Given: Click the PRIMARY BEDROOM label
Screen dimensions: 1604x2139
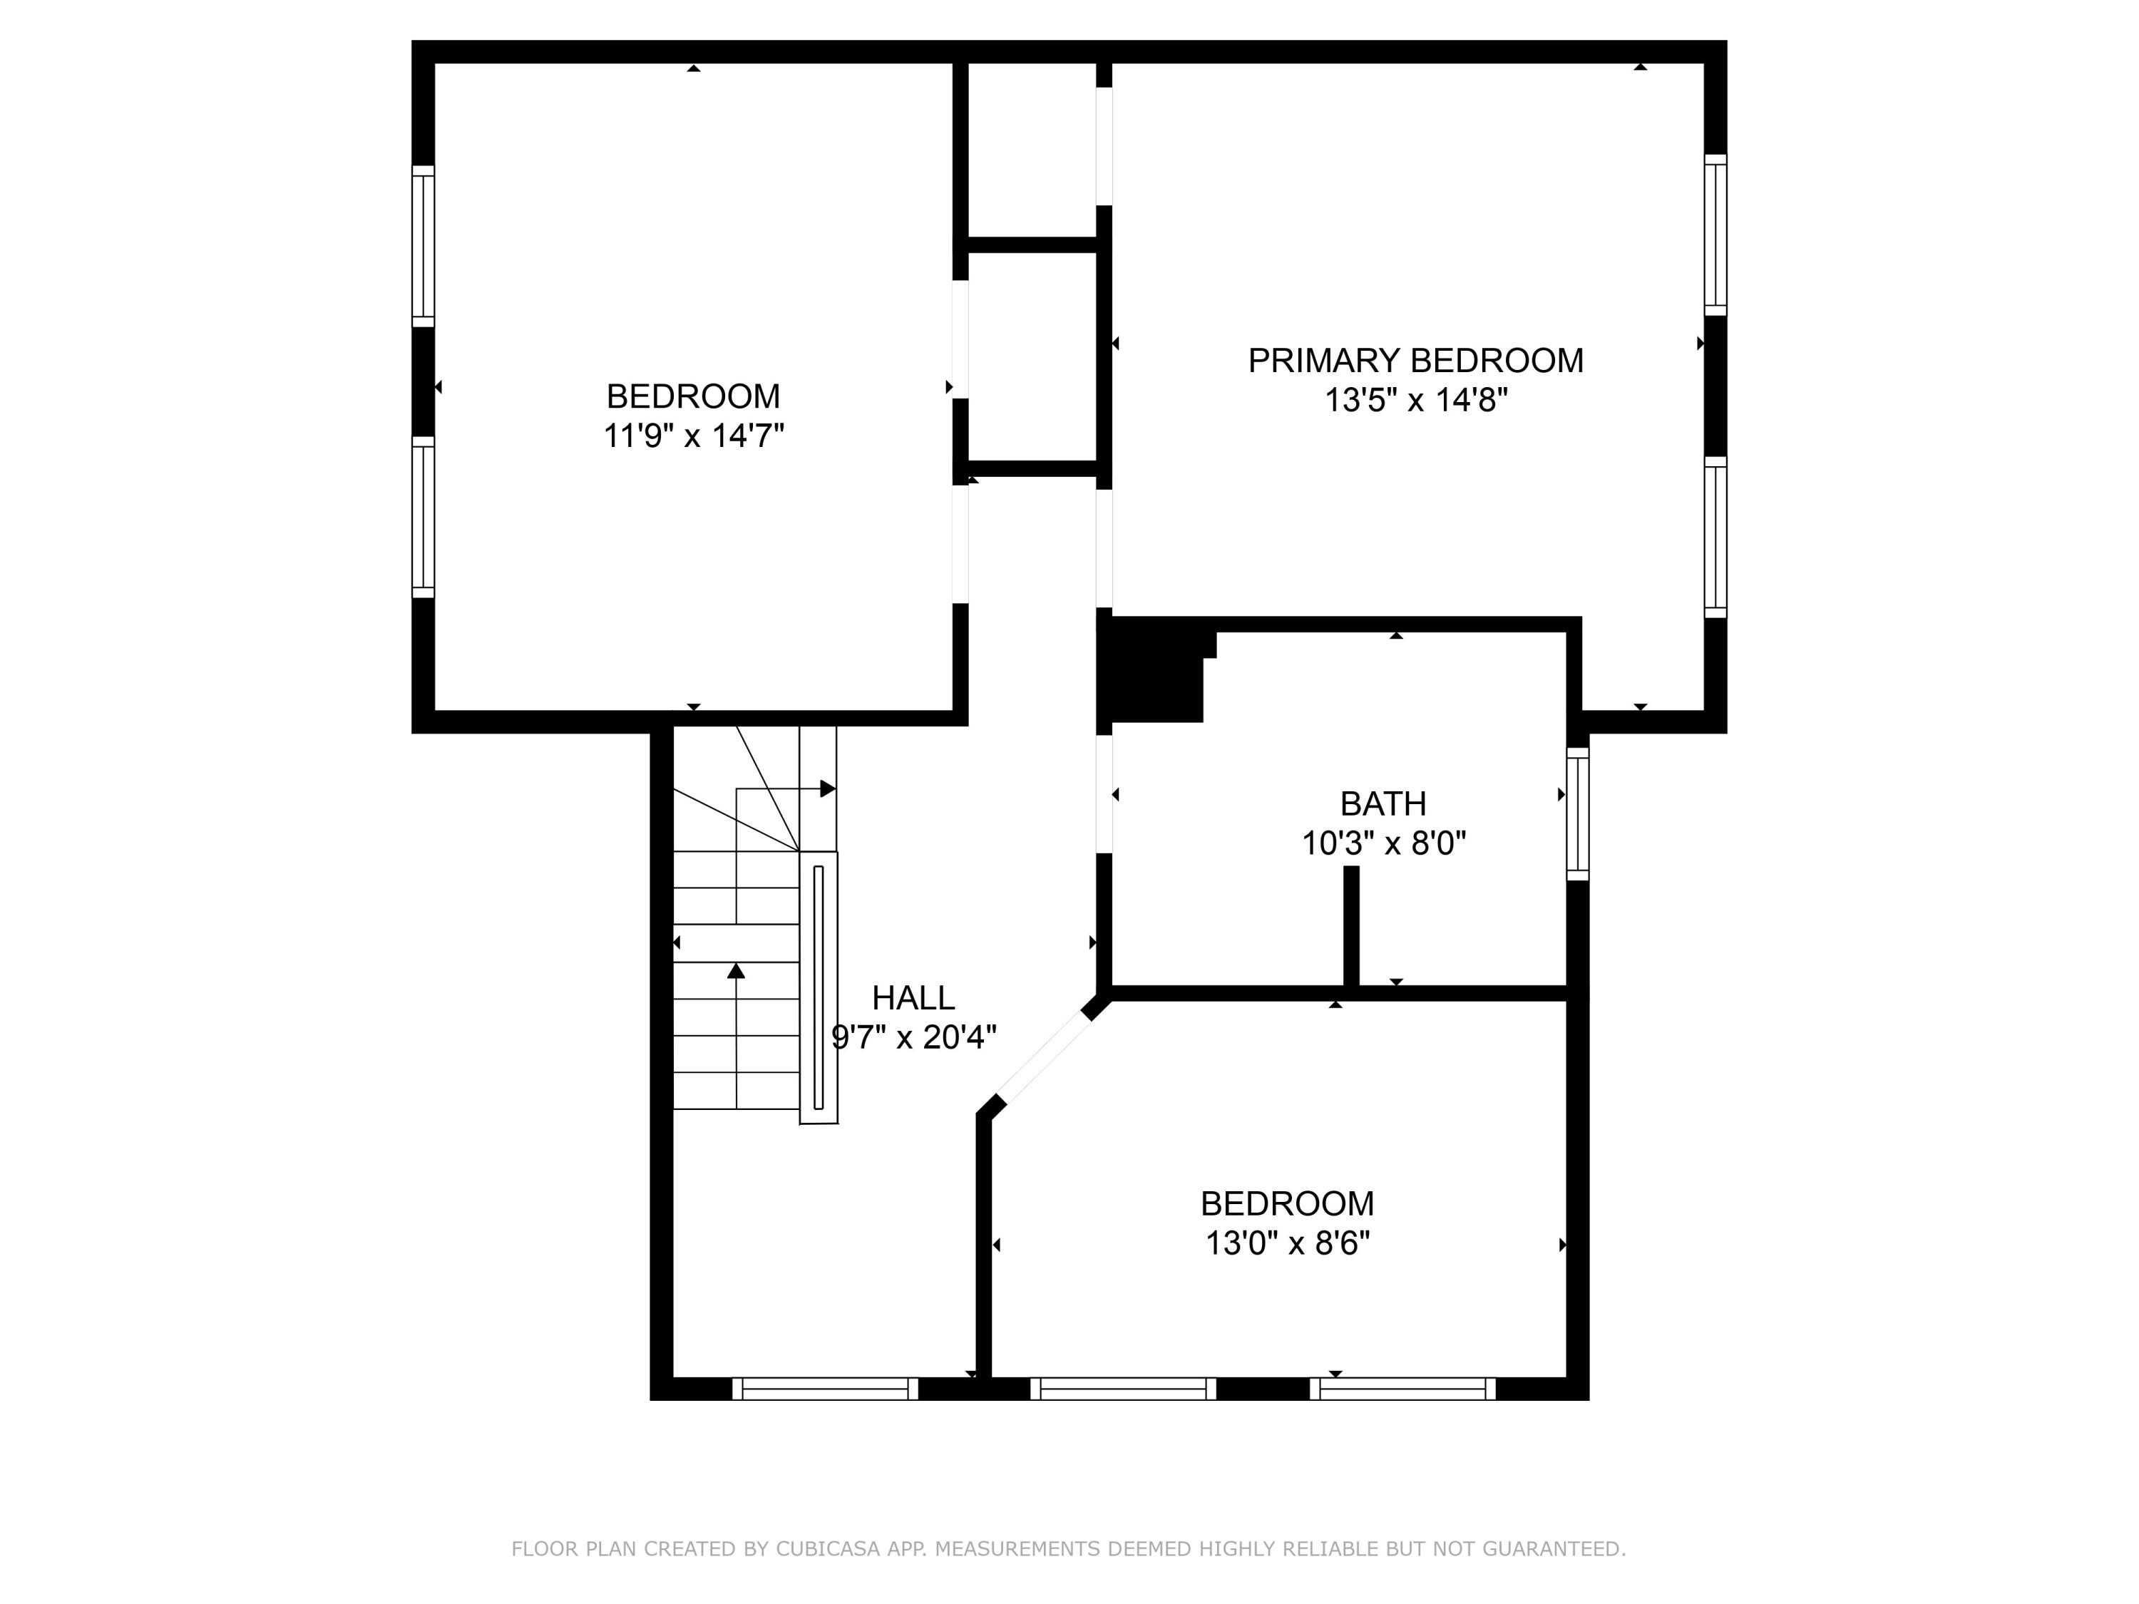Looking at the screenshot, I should click(x=1415, y=361).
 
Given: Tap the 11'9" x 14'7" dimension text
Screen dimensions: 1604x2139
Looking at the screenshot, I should click(x=692, y=436).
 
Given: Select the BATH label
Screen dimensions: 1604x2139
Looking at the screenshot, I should click(x=1383, y=803).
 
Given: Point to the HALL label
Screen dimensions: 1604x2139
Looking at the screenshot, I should click(x=913, y=997).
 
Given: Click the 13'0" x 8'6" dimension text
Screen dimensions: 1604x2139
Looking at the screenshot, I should click(x=1287, y=1243).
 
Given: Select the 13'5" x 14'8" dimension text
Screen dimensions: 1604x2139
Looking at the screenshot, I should click(x=1415, y=400).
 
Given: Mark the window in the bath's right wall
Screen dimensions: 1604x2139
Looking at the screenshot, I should click(x=1577, y=814).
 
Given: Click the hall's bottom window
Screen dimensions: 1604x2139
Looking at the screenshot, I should click(x=825, y=1389).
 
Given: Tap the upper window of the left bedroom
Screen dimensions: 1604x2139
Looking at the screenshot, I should click(x=423, y=245).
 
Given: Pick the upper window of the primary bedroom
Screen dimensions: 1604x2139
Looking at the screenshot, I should click(x=1715, y=235).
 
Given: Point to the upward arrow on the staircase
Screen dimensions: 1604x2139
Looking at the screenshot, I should click(x=736, y=971).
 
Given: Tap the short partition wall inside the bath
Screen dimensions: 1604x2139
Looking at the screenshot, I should click(x=1352, y=925).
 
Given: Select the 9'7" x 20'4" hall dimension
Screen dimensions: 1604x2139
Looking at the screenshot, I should click(x=913, y=1037).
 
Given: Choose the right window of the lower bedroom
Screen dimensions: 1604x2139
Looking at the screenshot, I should click(x=1402, y=1389).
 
